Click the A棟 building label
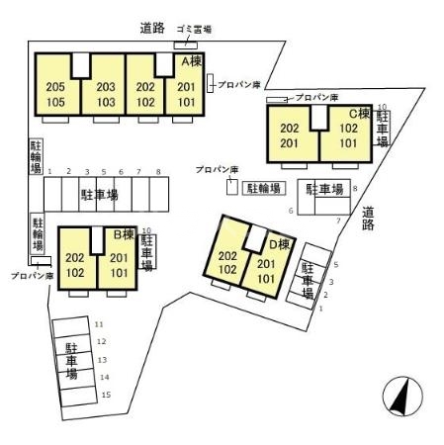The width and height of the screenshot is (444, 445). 189,61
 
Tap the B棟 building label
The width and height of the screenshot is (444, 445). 124,235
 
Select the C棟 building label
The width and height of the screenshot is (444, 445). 358,114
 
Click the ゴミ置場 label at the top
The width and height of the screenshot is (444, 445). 186,32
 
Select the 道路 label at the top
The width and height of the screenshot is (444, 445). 151,30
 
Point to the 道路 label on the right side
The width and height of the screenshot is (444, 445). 368,218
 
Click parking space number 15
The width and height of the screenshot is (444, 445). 106,395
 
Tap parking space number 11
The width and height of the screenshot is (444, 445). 99,323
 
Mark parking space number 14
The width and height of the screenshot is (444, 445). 104,377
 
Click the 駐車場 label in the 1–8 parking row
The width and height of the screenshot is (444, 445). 99,196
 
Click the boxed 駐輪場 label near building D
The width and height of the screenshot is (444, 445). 263,187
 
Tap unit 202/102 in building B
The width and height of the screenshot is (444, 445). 75,265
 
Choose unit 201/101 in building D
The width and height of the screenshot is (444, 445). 265,270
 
